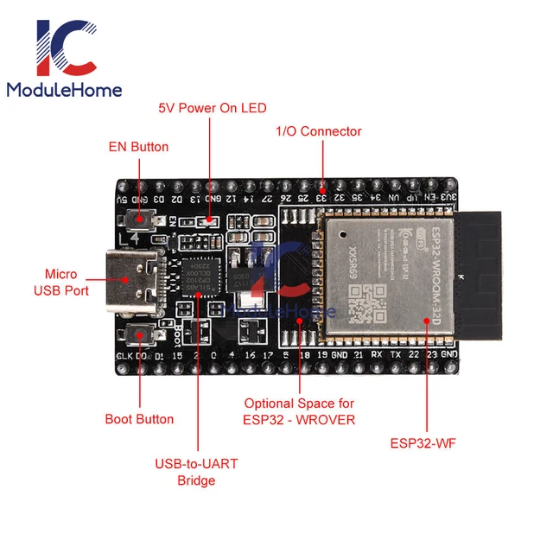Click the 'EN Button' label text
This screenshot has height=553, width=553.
[138, 147]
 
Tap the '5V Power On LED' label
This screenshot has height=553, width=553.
[212, 108]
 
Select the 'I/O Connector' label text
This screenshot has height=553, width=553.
[318, 131]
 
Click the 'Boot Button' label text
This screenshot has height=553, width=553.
[139, 419]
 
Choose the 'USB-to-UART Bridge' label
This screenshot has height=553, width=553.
[196, 472]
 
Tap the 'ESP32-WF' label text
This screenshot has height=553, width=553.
[423, 444]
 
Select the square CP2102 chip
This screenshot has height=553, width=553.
[201, 270]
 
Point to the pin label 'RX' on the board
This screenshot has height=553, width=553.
[377, 354]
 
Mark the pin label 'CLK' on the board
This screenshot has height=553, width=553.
[123, 355]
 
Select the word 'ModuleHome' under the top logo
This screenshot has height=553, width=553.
[64, 90]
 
